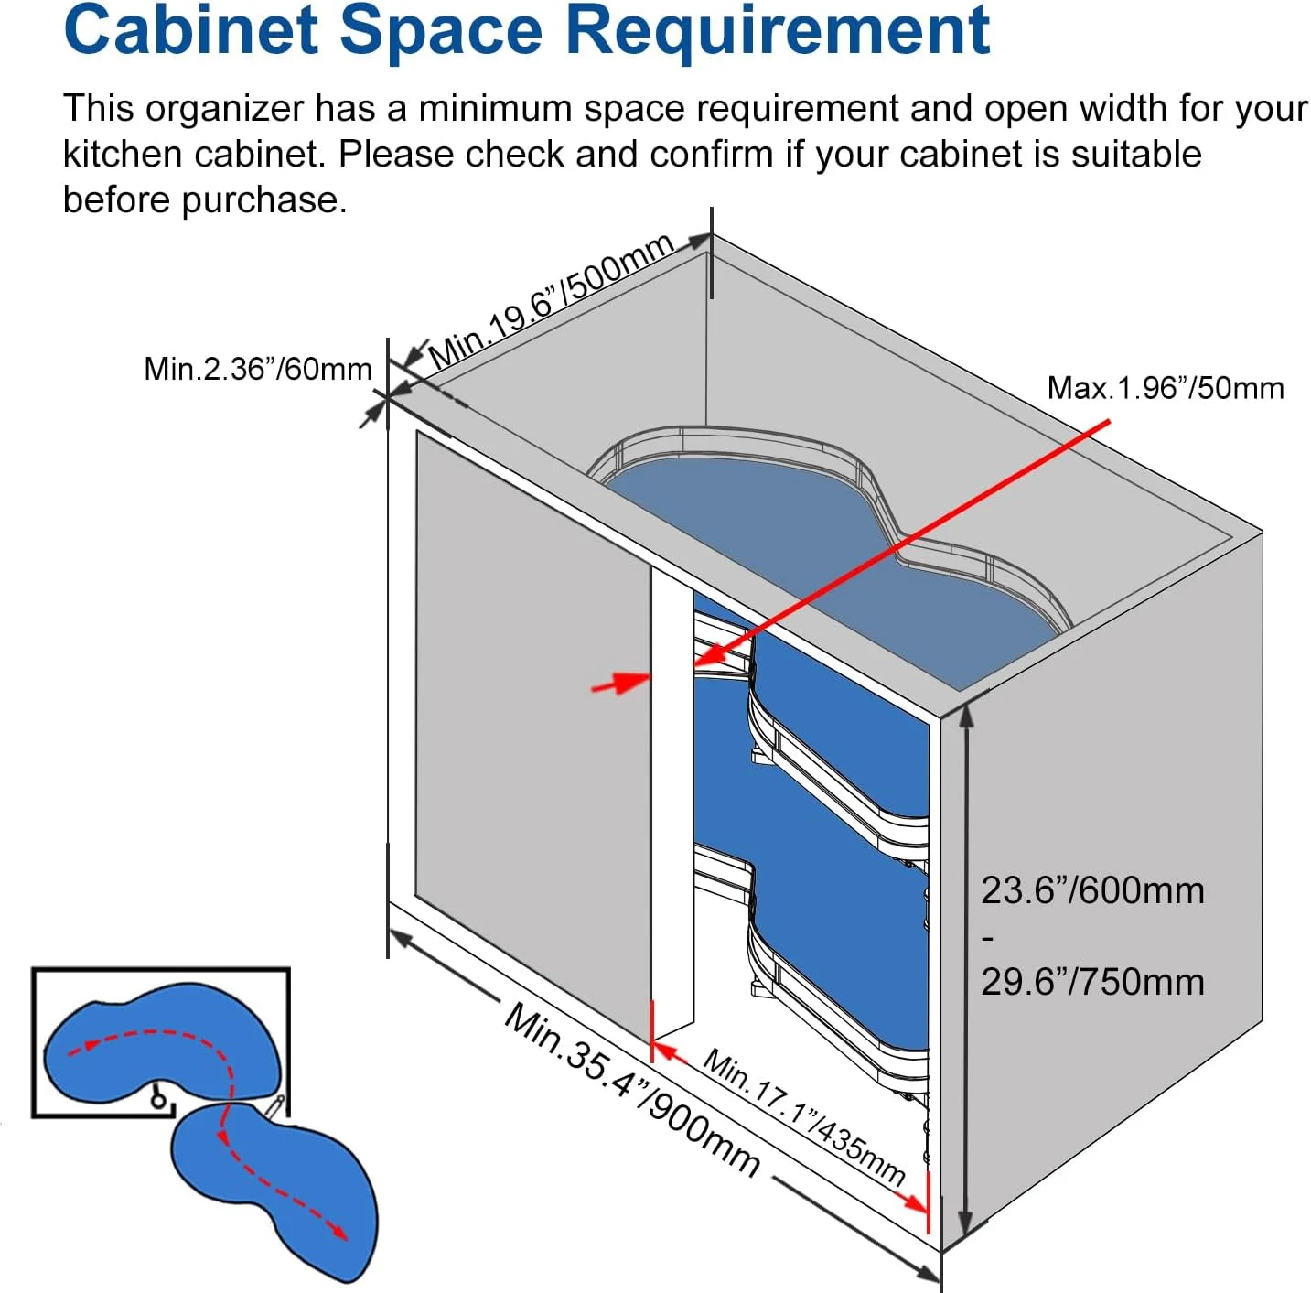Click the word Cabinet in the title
click(x=190, y=30)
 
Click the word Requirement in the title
click(x=777, y=34)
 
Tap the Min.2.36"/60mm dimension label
click(x=258, y=370)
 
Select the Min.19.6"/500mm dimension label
click(x=551, y=301)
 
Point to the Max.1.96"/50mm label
click(x=1165, y=388)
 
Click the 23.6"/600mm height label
click(x=1092, y=890)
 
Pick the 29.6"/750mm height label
click(x=1092, y=982)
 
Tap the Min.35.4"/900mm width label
click(x=631, y=1090)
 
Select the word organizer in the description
click(x=224, y=109)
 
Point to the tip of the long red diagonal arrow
click(x=694, y=663)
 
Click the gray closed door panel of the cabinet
click(x=532, y=735)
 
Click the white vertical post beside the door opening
click(x=672, y=796)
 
